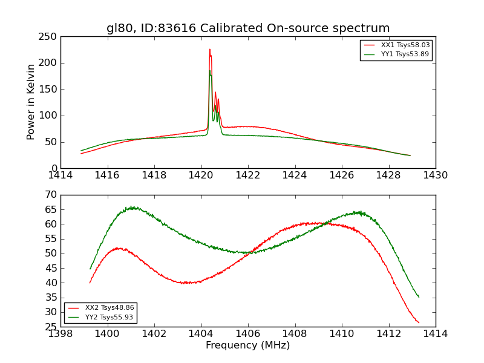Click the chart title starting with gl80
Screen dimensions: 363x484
tap(248, 28)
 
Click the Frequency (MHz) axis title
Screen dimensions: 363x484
tap(248, 345)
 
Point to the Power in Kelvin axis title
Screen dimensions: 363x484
tap(31, 102)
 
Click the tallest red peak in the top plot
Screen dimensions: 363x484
tap(210, 50)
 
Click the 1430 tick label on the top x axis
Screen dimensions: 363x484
tap(436, 175)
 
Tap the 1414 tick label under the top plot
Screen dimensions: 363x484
tap(61, 175)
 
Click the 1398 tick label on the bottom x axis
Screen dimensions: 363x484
tap(61, 334)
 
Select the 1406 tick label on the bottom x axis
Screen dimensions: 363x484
tap(248, 334)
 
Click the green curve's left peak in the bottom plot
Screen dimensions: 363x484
tap(132, 208)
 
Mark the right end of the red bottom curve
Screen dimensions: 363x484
tap(419, 322)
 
